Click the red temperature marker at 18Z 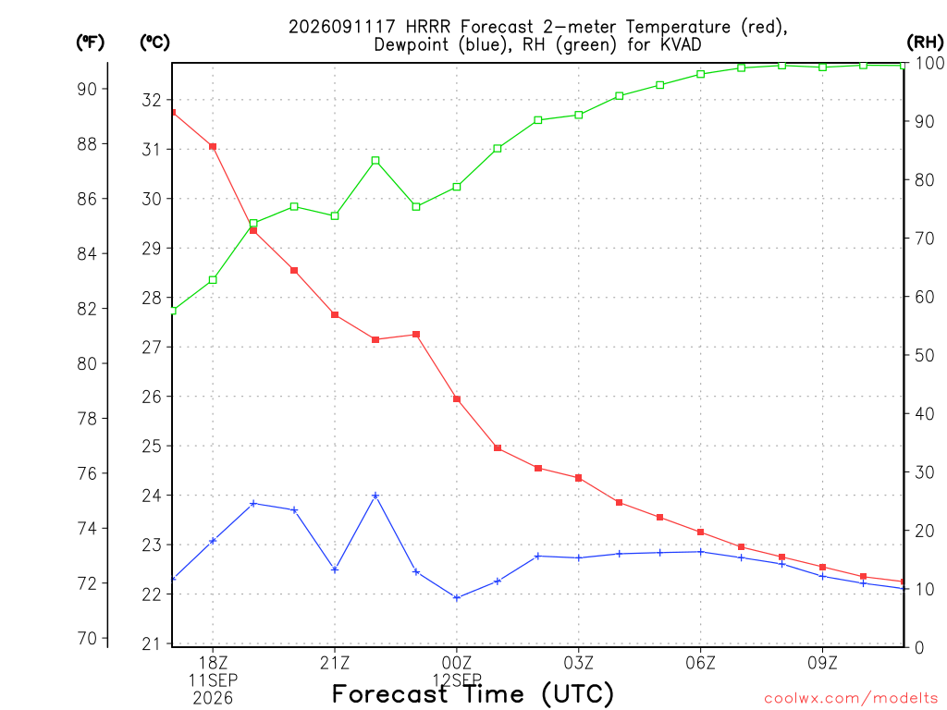[x=213, y=147]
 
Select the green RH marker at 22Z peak [x=375, y=161]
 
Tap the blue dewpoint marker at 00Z [x=457, y=598]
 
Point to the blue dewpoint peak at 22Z [x=375, y=496]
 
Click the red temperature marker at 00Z [x=457, y=399]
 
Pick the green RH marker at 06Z [x=701, y=74]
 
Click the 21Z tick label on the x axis [x=335, y=663]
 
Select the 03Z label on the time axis [x=579, y=663]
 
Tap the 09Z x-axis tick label [x=822, y=663]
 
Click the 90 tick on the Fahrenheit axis [x=87, y=90]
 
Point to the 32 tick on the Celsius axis [x=152, y=100]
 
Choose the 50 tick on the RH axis [x=924, y=355]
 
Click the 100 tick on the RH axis [x=929, y=63]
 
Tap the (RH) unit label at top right [x=925, y=42]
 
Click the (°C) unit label [x=154, y=42]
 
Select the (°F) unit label [x=90, y=42]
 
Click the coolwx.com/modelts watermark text [x=851, y=698]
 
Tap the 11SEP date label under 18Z [x=213, y=680]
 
